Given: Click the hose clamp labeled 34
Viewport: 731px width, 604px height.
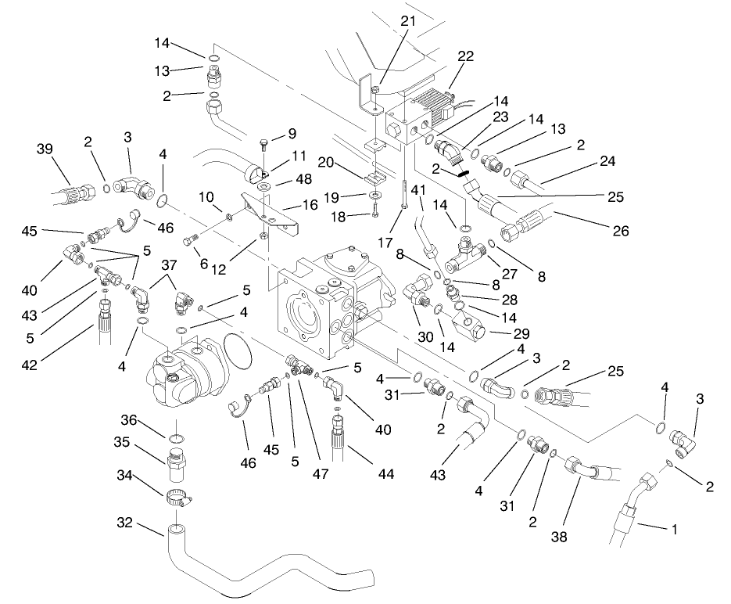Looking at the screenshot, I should pyautogui.click(x=178, y=496).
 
